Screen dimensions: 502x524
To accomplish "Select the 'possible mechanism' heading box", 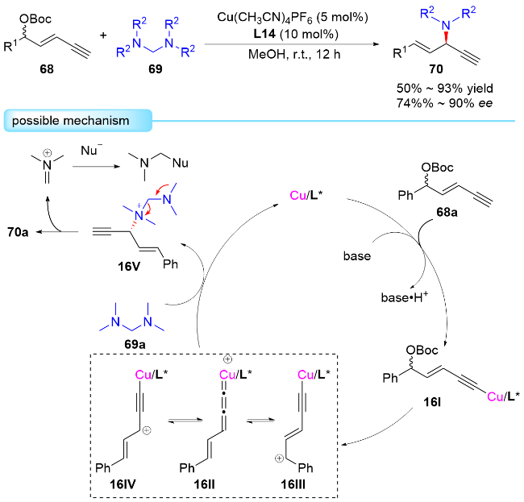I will pos(77,122).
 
